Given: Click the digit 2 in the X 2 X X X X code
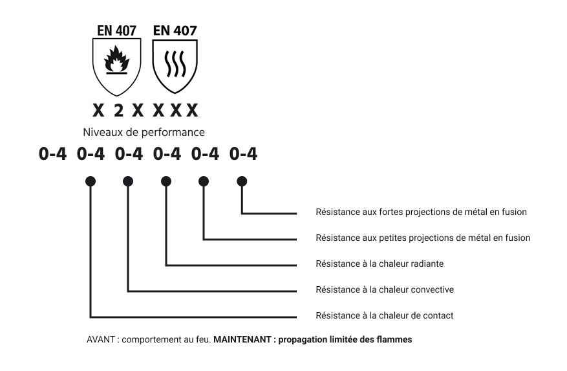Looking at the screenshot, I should (118, 111).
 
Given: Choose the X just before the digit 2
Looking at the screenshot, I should (98, 111).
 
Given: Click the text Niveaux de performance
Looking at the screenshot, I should (144, 133).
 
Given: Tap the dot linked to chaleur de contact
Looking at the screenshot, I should (91, 181).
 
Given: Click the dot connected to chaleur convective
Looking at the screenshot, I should (128, 181).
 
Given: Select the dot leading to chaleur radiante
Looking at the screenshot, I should (166, 181).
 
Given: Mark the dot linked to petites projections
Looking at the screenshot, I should (204, 181).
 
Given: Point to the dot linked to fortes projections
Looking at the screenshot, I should (242, 181).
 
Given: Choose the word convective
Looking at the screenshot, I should (431, 289).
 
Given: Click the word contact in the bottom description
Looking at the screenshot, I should (438, 315).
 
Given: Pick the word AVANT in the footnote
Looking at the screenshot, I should (100, 339).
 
